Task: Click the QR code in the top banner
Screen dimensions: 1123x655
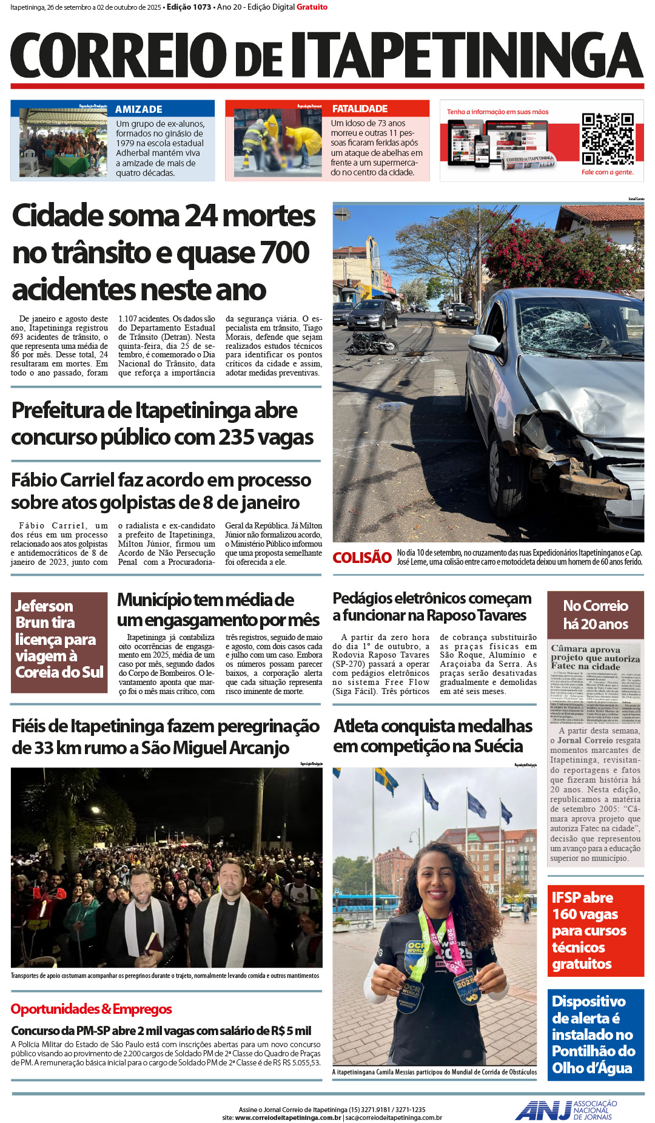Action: point(608,138)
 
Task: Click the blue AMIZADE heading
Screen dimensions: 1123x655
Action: point(139,109)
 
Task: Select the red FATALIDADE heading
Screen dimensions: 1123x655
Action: point(360,109)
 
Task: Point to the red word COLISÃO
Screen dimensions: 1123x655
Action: point(362,558)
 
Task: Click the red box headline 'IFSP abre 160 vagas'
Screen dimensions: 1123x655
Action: point(595,931)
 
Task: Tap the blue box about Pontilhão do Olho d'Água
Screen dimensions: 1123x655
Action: point(595,1034)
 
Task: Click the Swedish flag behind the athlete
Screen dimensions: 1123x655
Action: point(386,781)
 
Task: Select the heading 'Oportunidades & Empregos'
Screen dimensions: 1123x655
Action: point(91,1009)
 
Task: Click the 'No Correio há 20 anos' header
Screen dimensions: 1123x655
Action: point(595,615)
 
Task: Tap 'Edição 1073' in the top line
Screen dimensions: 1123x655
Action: point(189,7)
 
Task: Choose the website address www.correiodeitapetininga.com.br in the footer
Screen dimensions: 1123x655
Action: point(287,1118)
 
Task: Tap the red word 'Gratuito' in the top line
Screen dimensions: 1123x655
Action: point(312,7)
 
